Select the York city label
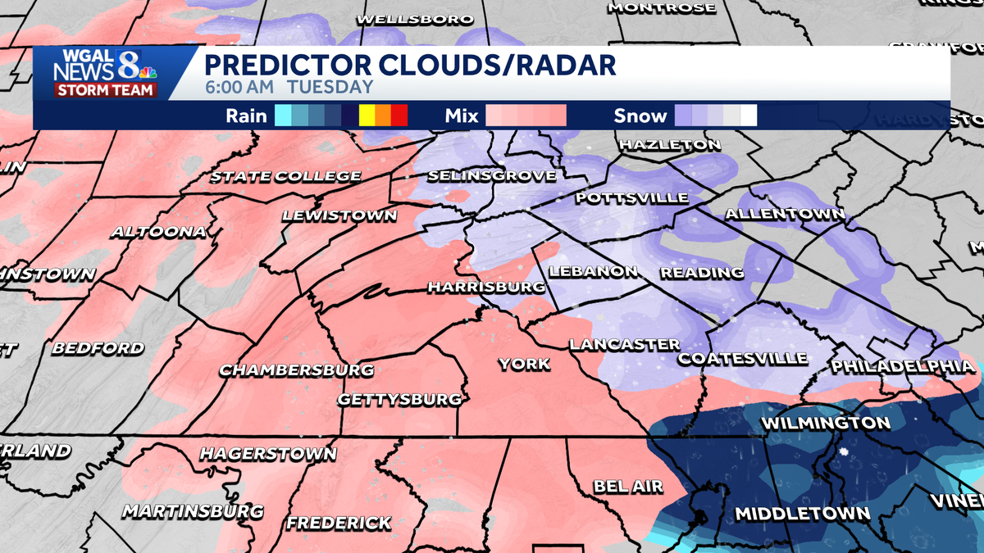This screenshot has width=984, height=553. [x=525, y=364]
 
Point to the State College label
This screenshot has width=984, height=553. [x=285, y=176]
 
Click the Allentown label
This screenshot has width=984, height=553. [x=785, y=215]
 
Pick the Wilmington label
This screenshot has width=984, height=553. [x=826, y=424]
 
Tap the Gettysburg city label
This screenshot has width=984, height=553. [x=399, y=400]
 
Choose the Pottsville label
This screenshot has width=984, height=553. [x=631, y=198]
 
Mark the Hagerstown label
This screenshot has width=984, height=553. [x=268, y=453]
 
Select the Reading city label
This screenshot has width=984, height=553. [x=702, y=272]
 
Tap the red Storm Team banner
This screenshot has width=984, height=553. [x=105, y=90]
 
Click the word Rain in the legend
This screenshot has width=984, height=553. [x=247, y=116]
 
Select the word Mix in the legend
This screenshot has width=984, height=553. [x=462, y=116]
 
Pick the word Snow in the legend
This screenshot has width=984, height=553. [x=640, y=116]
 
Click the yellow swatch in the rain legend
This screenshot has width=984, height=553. [x=367, y=116]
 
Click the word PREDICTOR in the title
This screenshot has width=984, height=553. [x=284, y=64]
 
